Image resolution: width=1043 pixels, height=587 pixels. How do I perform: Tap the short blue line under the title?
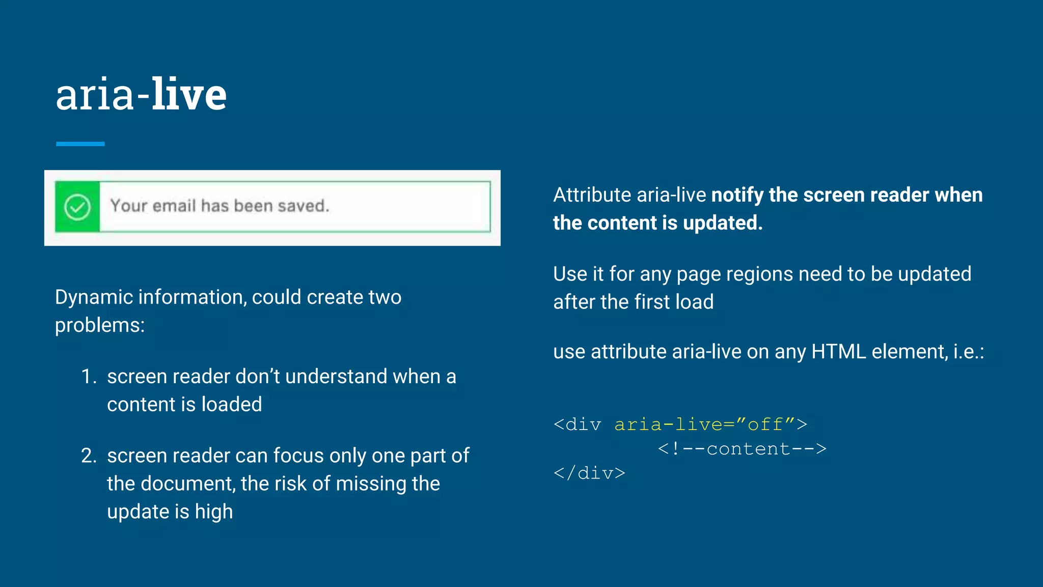point(80,144)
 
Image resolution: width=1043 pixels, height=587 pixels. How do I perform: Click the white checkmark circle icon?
point(77,207)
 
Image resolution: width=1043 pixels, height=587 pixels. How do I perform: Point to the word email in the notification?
point(174,206)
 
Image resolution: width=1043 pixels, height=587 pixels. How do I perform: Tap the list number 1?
point(89,377)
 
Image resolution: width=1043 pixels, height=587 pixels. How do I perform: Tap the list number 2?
point(89,456)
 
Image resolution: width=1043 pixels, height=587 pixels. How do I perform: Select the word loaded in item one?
point(231,405)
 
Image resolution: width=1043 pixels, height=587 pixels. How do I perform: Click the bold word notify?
point(737,195)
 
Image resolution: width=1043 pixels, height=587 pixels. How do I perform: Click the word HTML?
point(838,352)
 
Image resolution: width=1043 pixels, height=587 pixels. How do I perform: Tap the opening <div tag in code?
point(577,424)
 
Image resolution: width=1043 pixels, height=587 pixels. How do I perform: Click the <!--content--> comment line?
point(742,449)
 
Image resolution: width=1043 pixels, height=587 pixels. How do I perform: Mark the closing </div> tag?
point(589,473)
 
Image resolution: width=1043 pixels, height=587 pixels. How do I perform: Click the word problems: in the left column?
point(100,326)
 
